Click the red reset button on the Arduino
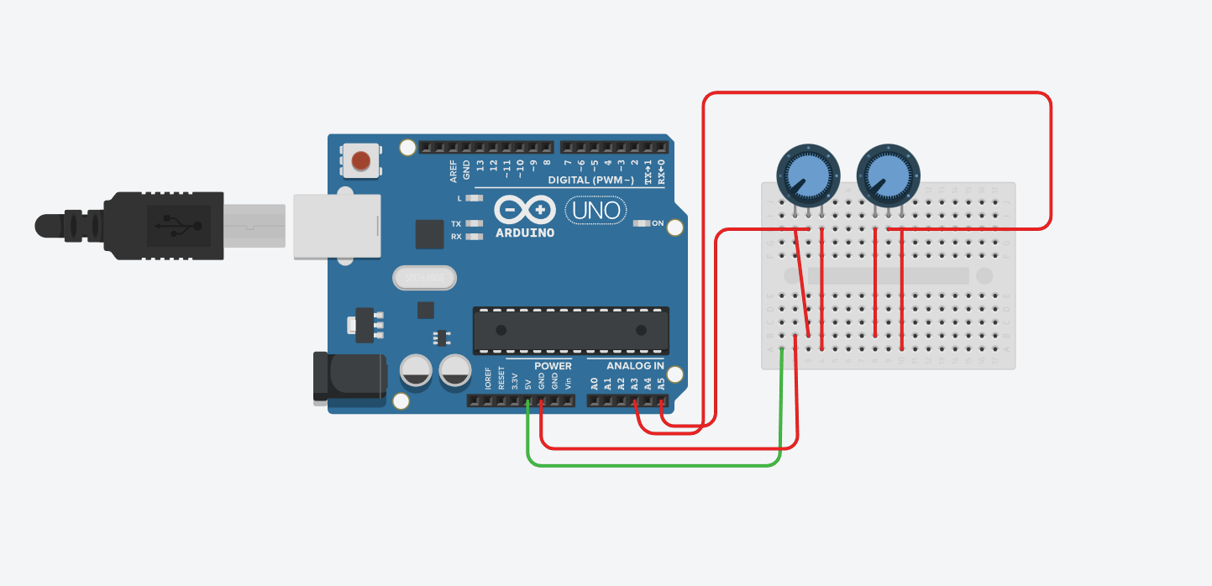coord(361,160)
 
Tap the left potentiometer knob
coord(808,175)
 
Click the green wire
coord(655,464)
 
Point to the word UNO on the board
coord(597,210)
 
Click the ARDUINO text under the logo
coord(525,233)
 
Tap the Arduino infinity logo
coord(525,209)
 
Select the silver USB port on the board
coord(336,226)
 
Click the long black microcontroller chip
coord(571,329)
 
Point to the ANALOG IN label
coord(635,366)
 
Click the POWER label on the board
coord(553,366)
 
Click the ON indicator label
coord(658,223)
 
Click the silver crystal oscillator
coord(423,277)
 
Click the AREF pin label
coord(454,170)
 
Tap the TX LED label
coord(456,224)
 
